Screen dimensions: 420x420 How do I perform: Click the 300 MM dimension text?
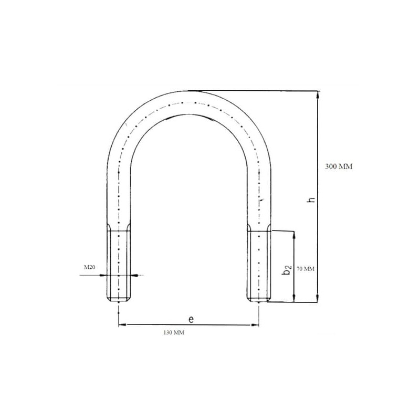tap(339, 166)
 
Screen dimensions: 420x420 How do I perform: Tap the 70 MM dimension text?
tap(306, 269)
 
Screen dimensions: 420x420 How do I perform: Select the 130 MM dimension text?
tap(174, 333)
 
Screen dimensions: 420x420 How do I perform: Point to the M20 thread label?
tap(89, 267)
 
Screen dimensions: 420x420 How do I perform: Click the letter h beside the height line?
tap(311, 200)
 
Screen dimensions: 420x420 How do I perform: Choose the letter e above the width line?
tap(191, 319)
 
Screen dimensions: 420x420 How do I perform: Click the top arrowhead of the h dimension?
tap(318, 95)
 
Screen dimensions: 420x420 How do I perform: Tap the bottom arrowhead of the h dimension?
tap(318, 298)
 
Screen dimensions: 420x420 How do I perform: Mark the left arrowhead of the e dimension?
tap(122, 325)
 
